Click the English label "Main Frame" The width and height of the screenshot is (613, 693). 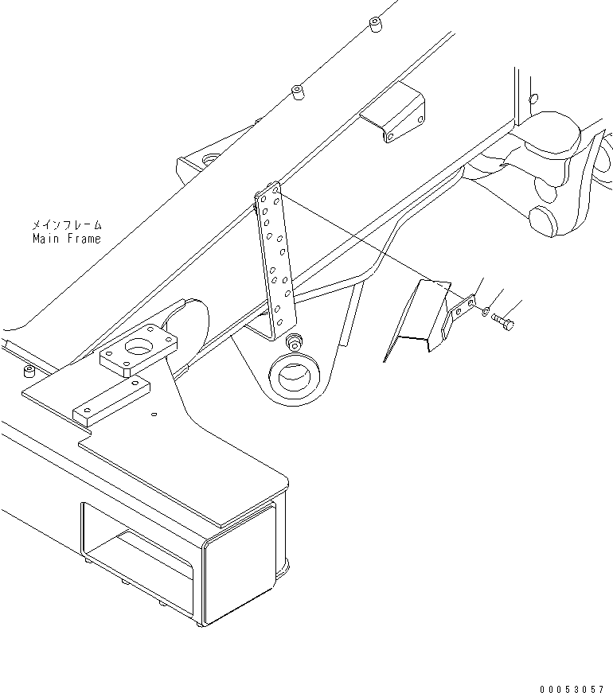pyautogui.click(x=67, y=239)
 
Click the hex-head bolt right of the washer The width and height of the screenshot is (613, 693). pyautogui.click(x=502, y=322)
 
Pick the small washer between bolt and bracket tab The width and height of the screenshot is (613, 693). pyautogui.click(x=486, y=313)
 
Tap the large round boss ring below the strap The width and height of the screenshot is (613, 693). pyautogui.click(x=299, y=373)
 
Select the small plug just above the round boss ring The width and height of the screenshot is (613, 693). pyautogui.click(x=294, y=343)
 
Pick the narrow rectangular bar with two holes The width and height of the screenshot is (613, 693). pyautogui.click(x=111, y=400)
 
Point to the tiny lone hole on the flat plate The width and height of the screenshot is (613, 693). pyautogui.click(x=154, y=413)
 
